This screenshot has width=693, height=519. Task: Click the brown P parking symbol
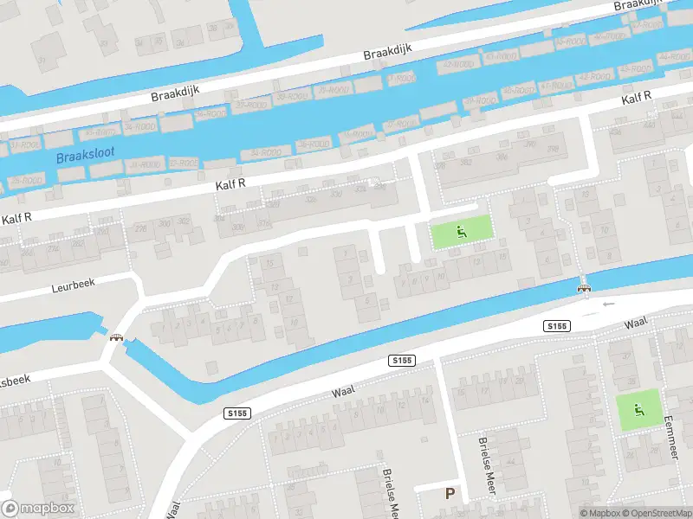pos(450,494)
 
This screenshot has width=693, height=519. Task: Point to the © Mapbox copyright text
pos(599,513)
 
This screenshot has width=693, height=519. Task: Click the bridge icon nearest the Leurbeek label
pos(113,337)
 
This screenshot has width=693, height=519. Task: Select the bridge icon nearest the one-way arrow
pos(585,288)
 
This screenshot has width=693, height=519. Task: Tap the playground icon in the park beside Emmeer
pos(639,409)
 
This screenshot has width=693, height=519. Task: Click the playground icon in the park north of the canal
pos(461,231)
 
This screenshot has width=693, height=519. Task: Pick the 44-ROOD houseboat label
pos(673,57)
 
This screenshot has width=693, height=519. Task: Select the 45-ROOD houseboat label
pos(569,42)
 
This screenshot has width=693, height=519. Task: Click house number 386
pos(501,157)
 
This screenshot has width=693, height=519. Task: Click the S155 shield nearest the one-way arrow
pos(557,325)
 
